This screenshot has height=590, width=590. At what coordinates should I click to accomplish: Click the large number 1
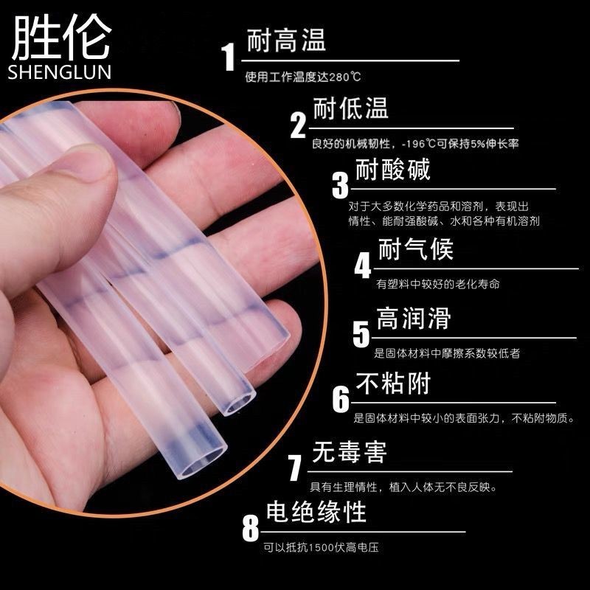[x=229, y=56]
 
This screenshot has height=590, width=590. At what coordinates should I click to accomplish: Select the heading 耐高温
[x=288, y=38]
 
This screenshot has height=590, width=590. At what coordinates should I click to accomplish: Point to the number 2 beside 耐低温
[x=298, y=125]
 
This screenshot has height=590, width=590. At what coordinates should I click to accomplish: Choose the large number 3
[x=340, y=185]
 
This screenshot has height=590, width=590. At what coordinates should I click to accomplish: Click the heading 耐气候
[x=415, y=249]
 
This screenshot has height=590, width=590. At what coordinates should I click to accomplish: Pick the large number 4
[x=362, y=266]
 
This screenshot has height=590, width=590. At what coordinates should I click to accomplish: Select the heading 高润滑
[x=413, y=319]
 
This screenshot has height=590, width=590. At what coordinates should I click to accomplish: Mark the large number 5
[x=361, y=334]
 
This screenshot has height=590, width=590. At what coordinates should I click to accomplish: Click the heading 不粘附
[x=392, y=383]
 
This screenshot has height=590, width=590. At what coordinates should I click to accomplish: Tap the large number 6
[x=341, y=400]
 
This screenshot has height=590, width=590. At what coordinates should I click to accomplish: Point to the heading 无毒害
[x=349, y=451]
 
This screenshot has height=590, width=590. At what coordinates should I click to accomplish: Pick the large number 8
[x=251, y=528]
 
